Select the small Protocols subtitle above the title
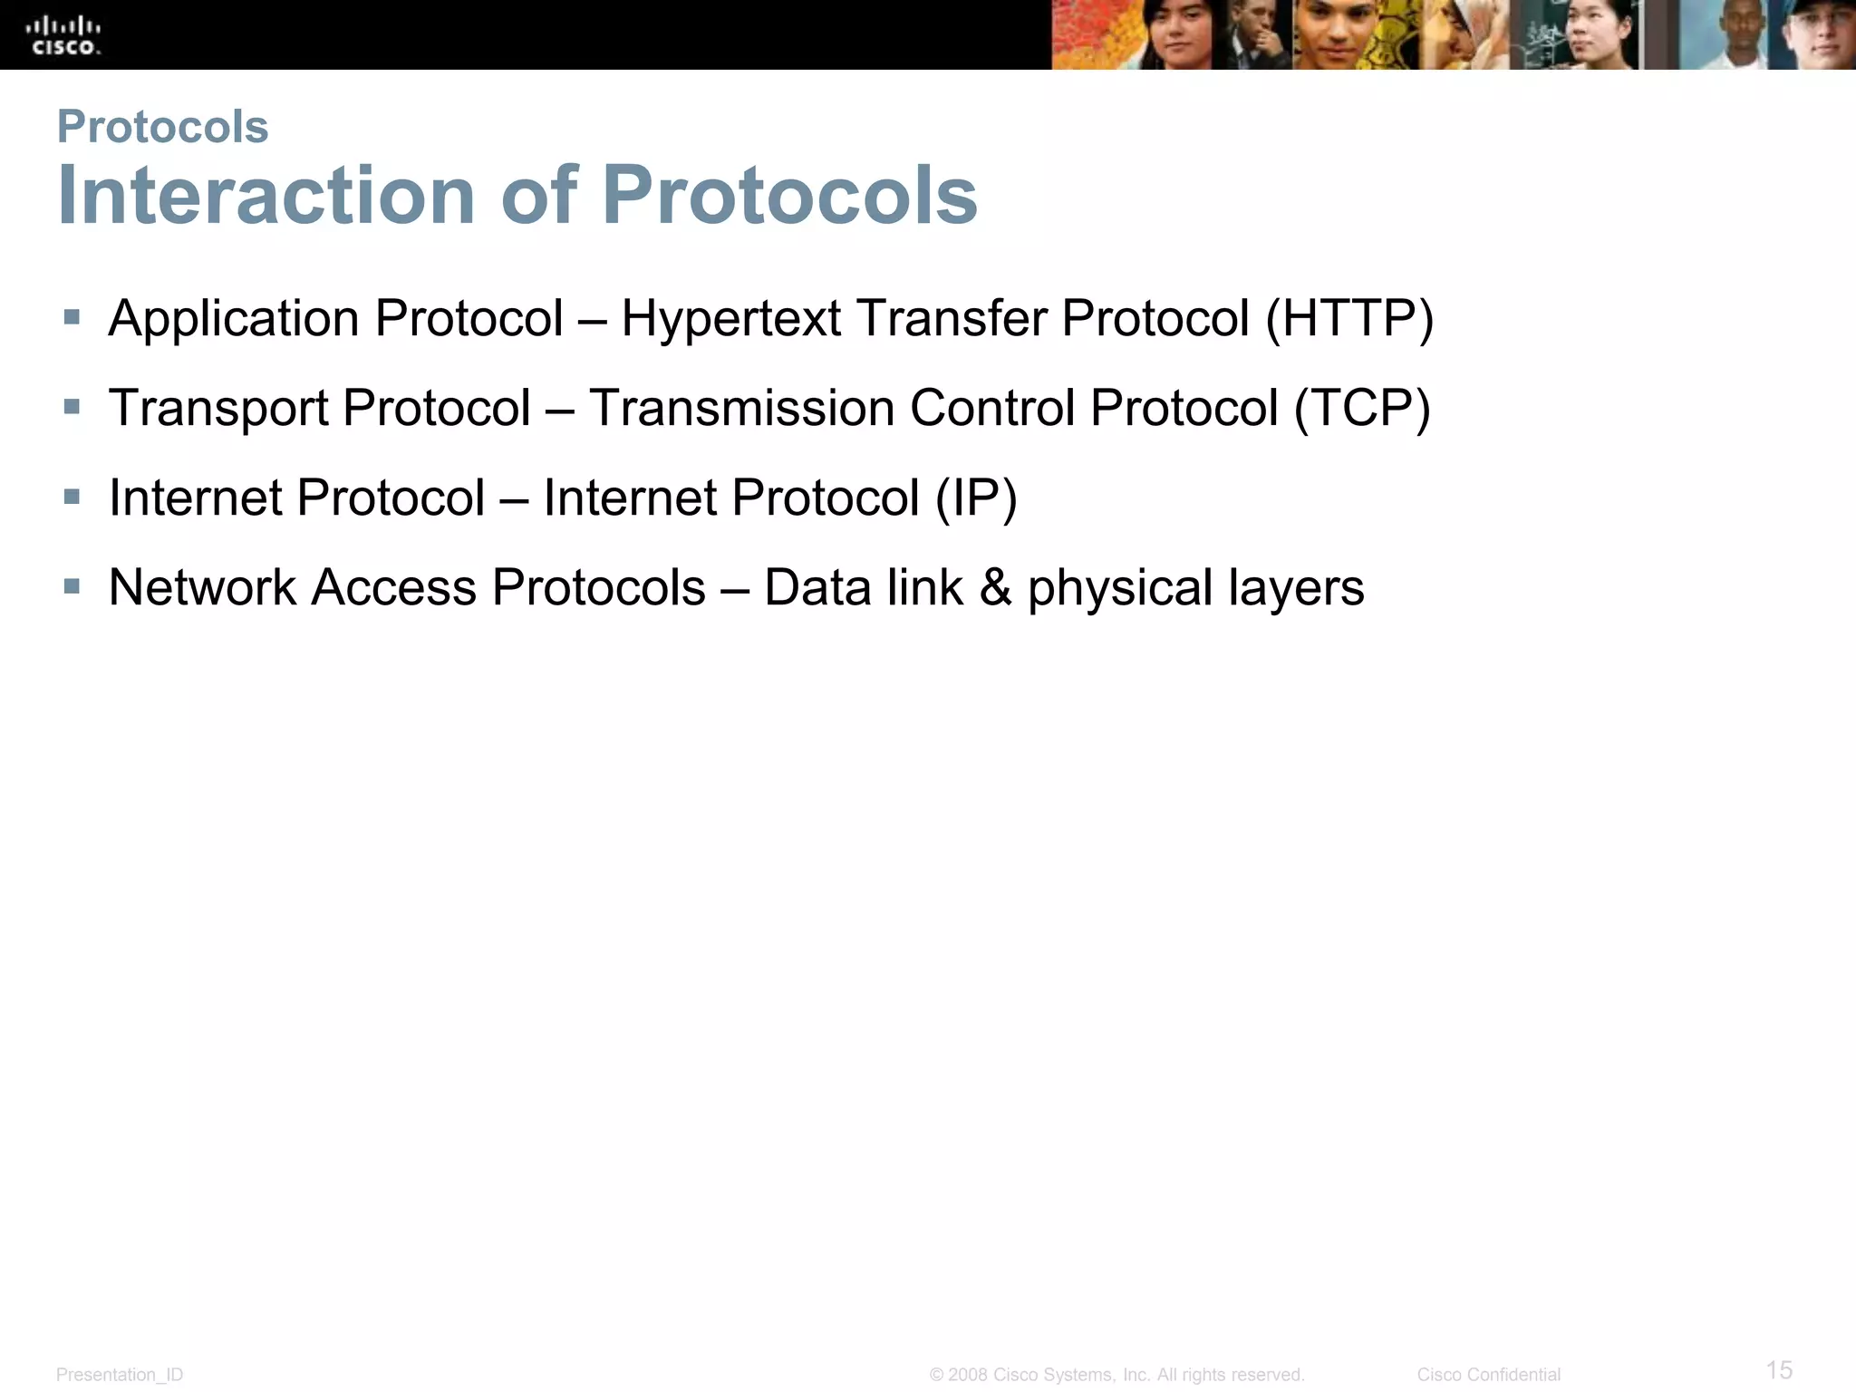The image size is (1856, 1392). click(x=163, y=126)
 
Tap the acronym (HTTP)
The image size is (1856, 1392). click(x=1349, y=319)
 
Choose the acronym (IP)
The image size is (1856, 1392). click(x=976, y=498)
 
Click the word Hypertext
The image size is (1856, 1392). click(x=731, y=319)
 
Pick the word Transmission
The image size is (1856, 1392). click(x=740, y=409)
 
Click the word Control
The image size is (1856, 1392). click(x=992, y=409)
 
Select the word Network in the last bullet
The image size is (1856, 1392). click(x=202, y=587)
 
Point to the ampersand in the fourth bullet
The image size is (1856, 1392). click(x=995, y=587)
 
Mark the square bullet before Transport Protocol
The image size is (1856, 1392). click(x=72, y=407)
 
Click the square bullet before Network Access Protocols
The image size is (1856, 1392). click(x=72, y=586)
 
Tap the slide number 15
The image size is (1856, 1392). click(x=1779, y=1369)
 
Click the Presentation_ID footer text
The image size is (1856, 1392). click(x=120, y=1375)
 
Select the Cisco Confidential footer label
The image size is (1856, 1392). click(x=1488, y=1375)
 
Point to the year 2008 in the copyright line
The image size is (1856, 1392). click(x=968, y=1375)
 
